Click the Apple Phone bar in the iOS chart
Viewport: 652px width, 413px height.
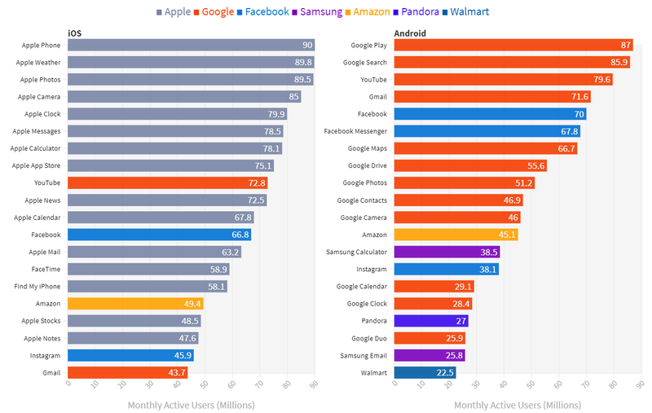[191, 46]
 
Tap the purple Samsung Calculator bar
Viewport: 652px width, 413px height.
[447, 252]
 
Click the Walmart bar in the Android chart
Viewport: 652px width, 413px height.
[425, 372]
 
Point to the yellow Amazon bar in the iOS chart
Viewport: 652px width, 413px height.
[135, 304]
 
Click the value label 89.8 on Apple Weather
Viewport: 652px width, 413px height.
[302, 63]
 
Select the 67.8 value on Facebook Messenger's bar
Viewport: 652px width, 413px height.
[569, 132]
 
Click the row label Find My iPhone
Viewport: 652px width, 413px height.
[37, 287]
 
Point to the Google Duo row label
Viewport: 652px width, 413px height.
[368, 338]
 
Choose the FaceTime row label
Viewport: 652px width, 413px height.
[45, 270]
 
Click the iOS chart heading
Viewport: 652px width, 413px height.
[74, 33]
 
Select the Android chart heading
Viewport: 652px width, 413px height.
[412, 33]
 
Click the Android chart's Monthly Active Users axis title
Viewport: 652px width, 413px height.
[517, 405]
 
